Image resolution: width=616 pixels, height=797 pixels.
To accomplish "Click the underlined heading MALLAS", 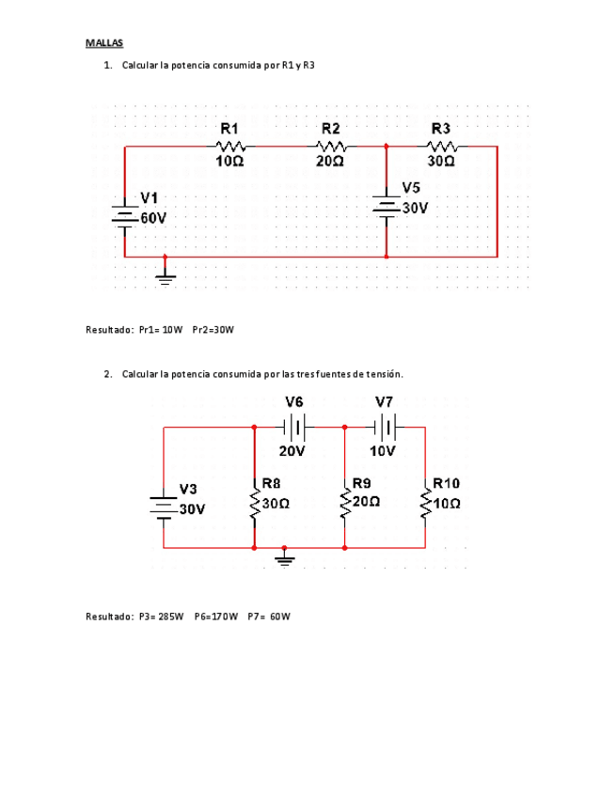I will coord(104,43).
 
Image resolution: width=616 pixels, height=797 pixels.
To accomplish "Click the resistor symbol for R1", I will coord(230,146).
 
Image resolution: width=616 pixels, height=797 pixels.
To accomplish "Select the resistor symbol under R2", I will coord(331,146).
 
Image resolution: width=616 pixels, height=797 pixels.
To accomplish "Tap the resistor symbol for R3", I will coord(441,146).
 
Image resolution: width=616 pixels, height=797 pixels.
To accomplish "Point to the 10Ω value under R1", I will coord(229,162).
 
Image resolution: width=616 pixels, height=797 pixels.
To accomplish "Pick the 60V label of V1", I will coord(153,217).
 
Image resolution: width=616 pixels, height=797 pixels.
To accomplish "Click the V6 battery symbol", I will coord(294,428).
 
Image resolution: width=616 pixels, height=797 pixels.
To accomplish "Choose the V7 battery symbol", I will coord(385,428).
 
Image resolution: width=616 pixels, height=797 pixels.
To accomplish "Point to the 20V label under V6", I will coord(292,450).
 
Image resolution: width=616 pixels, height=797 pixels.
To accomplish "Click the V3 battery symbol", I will coord(163,508).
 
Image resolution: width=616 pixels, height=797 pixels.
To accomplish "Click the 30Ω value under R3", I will coord(441,162).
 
